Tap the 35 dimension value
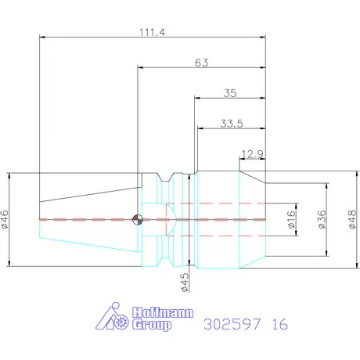click(x=229, y=92)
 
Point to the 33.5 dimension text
click(x=229, y=123)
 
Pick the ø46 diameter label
click(x=5, y=219)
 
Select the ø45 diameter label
click(x=185, y=282)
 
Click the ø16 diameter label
click(x=290, y=219)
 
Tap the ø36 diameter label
click(x=321, y=219)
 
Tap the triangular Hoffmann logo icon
click(x=110, y=317)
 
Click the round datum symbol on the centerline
click(x=139, y=219)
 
